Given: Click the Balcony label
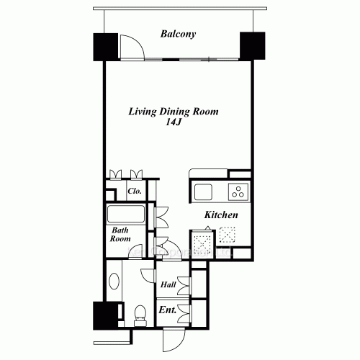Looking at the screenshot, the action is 178,34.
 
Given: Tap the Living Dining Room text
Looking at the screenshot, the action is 174,112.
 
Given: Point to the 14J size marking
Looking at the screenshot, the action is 173,122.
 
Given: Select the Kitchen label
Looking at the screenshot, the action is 221,215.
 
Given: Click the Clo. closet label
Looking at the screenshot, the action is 135,191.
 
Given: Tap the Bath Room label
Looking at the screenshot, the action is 120,235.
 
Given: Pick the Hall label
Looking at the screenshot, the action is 168,284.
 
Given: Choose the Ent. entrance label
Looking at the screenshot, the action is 168,310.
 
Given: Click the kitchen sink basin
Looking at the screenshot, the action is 203,192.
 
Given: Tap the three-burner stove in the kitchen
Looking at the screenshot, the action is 238,192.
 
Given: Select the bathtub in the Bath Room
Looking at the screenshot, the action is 126,214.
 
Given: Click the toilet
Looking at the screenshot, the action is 140,315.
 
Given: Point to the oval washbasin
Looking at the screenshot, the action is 114,281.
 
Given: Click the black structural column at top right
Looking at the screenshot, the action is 253,45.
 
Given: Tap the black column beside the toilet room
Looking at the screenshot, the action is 106,315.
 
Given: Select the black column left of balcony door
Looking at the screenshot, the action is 106,47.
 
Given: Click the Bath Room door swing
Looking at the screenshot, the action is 136,251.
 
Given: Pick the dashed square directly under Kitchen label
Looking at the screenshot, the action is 227,235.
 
